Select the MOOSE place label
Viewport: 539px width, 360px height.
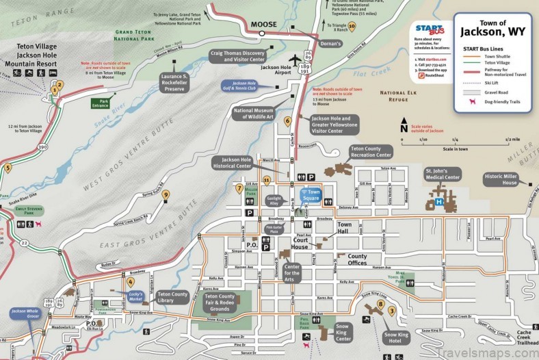[263, 25]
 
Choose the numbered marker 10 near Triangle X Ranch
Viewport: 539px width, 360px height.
[352, 26]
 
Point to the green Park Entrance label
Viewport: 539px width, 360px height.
[100, 103]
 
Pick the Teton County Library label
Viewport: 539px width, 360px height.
[172, 297]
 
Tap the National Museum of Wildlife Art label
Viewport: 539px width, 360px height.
[254, 113]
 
